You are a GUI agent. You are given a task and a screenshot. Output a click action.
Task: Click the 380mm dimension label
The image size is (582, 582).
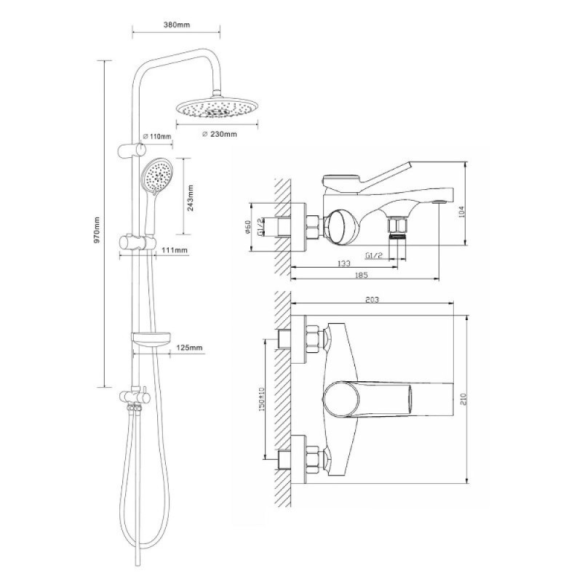click(177, 25)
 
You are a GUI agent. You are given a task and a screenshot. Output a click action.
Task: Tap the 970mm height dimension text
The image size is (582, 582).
click(97, 230)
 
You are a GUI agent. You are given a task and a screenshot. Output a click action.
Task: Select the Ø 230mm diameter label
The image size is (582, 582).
click(220, 134)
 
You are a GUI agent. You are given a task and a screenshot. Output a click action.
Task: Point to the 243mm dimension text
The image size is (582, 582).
click(190, 198)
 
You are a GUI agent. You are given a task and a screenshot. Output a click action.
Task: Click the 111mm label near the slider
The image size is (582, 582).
click(175, 250)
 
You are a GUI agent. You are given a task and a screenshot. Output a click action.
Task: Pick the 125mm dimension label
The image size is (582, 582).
click(189, 348)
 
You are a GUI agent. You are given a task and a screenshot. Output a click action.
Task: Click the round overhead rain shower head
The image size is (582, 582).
click(216, 107)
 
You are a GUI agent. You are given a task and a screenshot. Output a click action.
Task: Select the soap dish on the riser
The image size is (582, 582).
click(151, 338)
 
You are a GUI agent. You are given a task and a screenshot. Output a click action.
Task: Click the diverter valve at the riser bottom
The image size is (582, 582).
click(135, 398)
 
